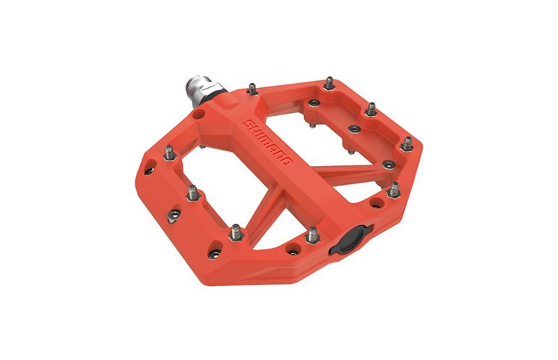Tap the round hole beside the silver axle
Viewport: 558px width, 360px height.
tap(200, 112)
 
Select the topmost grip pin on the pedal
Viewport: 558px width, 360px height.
tap(329, 84)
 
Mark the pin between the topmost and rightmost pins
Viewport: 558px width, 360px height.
tap(372, 110)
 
